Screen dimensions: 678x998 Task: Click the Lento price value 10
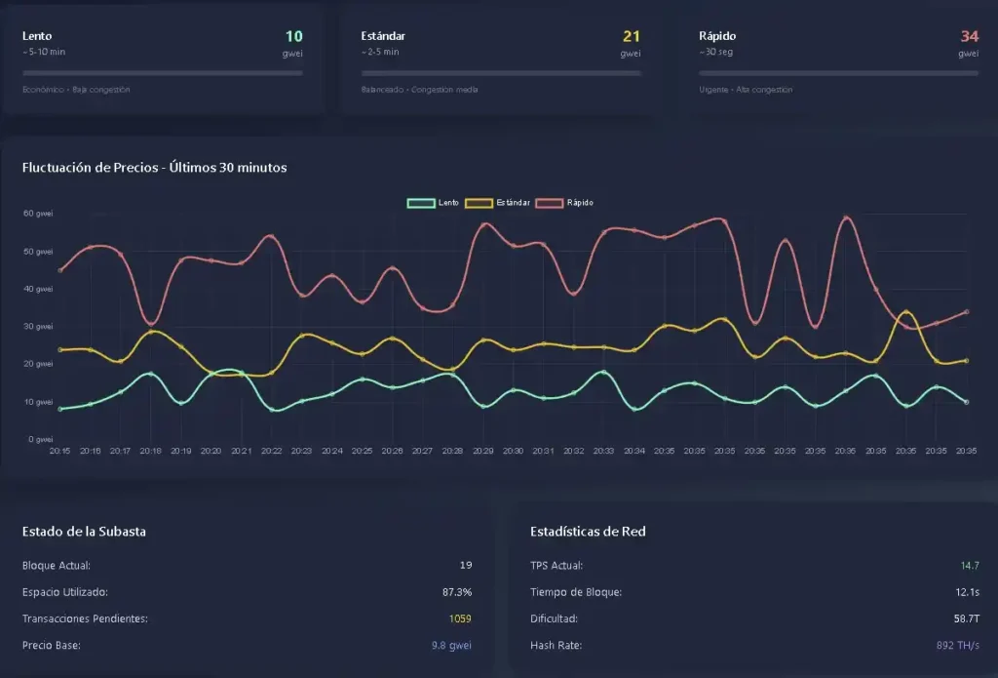[x=292, y=36]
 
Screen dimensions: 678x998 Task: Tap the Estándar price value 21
[x=631, y=36]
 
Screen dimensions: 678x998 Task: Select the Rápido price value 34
[x=969, y=36]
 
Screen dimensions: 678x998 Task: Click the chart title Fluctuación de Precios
[x=154, y=167]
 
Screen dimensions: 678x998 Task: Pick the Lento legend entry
[x=435, y=203]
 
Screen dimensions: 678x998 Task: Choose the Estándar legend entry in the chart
[x=499, y=203]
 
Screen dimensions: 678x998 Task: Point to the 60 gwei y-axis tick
[x=37, y=214]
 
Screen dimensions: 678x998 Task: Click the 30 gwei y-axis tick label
[x=37, y=327]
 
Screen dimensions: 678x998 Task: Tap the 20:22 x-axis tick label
[x=271, y=452]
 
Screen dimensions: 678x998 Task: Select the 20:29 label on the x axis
[x=483, y=452]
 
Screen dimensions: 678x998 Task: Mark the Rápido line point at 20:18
[x=150, y=323]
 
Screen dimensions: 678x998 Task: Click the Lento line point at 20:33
[x=604, y=373]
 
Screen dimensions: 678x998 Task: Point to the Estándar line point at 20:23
[x=302, y=336]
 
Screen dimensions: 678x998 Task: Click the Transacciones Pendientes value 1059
[x=460, y=618]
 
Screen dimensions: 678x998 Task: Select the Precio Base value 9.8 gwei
[x=451, y=645]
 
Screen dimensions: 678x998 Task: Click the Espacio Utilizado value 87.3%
[x=457, y=592]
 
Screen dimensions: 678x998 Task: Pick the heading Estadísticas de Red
[x=588, y=532]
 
